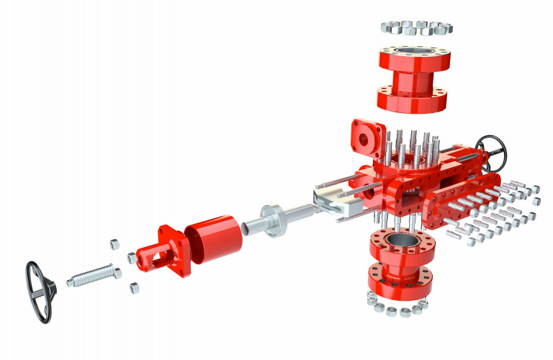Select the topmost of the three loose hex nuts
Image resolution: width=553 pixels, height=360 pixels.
[114, 243]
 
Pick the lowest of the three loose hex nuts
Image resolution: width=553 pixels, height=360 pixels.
[135, 289]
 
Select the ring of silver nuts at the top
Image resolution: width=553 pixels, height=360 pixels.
[415, 28]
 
